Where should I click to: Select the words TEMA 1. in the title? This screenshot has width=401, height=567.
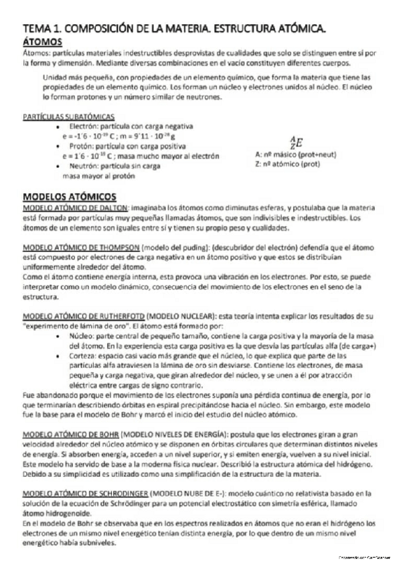click(x=42, y=29)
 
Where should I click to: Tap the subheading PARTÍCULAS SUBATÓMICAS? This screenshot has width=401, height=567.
click(x=68, y=116)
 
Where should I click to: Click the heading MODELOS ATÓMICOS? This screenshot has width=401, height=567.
click(x=70, y=197)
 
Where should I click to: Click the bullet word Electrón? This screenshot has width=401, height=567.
click(x=83, y=126)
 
